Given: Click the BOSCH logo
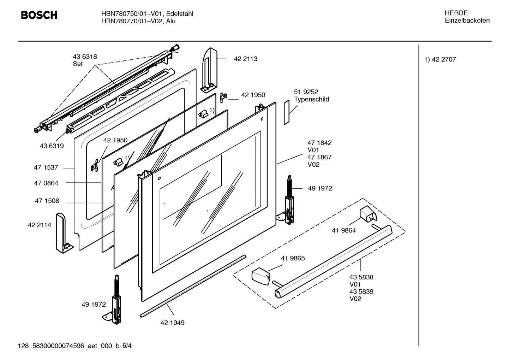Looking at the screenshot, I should pyautogui.click(x=39, y=15).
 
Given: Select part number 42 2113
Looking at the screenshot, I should pyautogui.click(x=245, y=59).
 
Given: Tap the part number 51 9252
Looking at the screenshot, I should pyautogui.click(x=306, y=92).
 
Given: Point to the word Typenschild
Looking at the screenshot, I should pyautogui.click(x=311, y=99).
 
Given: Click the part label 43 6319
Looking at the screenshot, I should pyautogui.click(x=52, y=146).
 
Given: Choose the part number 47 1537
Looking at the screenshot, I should pyautogui.click(x=46, y=168).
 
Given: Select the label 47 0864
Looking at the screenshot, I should pyautogui.click(x=46, y=183).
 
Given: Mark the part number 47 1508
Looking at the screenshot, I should pyautogui.click(x=47, y=201).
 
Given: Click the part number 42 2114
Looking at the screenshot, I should pyautogui.click(x=39, y=225).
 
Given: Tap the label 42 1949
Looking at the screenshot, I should pyautogui.click(x=172, y=323).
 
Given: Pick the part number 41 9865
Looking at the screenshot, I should pyautogui.click(x=293, y=258).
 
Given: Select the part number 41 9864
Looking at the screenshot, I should pyautogui.click(x=343, y=230).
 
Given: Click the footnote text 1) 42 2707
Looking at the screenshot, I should pyautogui.click(x=440, y=59).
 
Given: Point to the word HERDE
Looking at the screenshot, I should pyautogui.click(x=456, y=13).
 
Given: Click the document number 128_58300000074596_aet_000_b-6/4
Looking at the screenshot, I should pyautogui.click(x=75, y=346).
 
